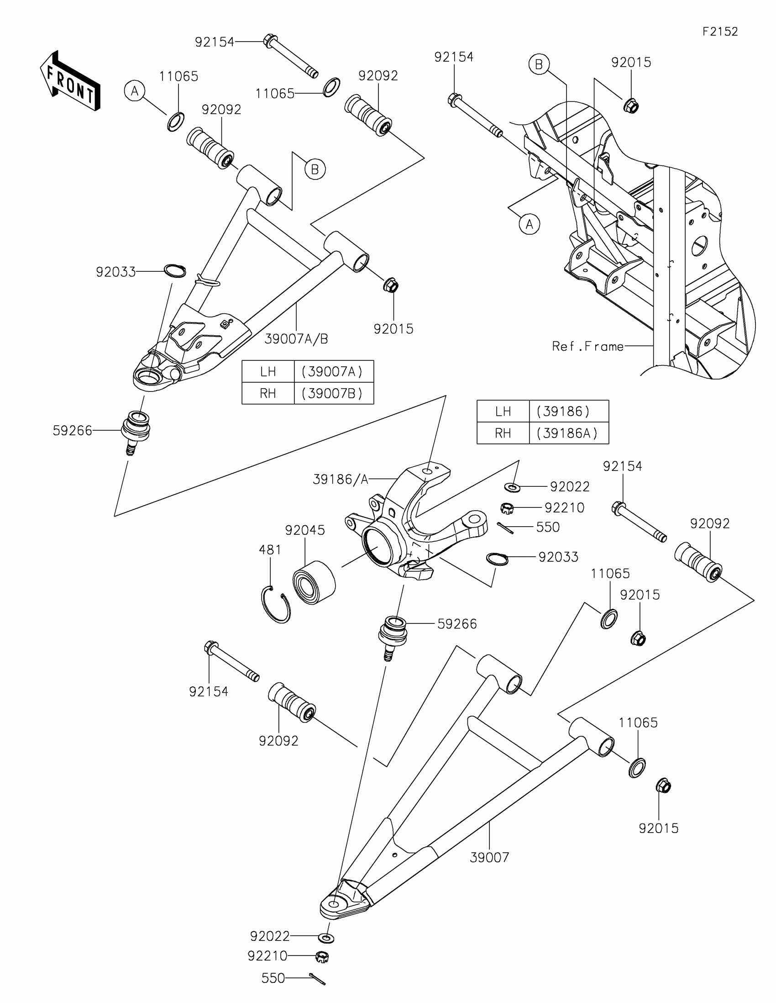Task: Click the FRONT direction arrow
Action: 70,81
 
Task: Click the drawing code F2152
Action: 720,32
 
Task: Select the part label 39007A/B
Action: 296,339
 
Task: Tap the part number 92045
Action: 305,530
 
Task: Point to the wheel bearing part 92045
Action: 314,580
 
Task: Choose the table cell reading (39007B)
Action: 333,394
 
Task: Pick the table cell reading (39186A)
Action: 569,433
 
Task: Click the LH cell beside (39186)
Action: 503,411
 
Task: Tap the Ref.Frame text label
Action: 588,346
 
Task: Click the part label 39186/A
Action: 341,480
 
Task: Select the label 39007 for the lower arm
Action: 489,857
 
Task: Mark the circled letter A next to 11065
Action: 135,91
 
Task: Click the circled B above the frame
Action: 539,64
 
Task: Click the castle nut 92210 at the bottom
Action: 323,956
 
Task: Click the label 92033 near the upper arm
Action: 115,272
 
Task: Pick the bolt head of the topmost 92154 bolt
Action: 270,40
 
